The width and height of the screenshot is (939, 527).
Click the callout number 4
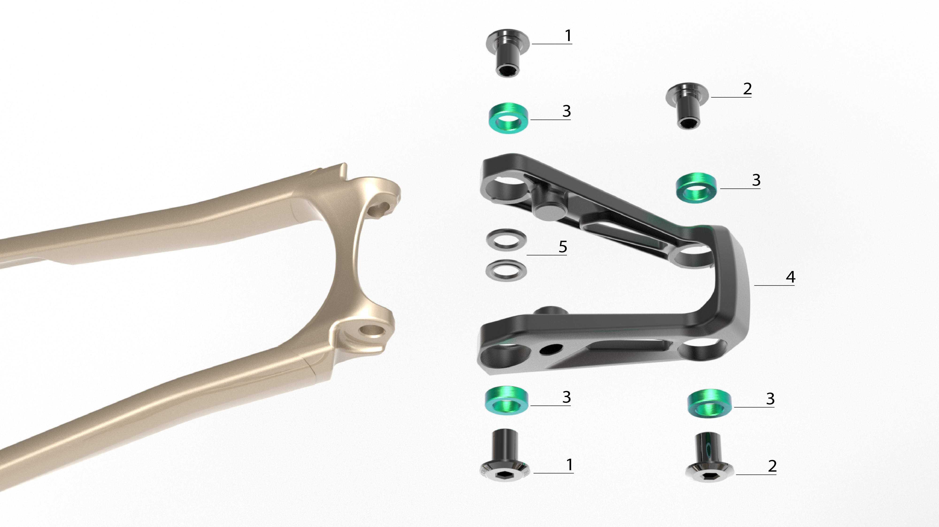[790, 277]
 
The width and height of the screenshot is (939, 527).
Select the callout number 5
[563, 247]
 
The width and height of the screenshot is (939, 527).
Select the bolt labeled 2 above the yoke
[688, 106]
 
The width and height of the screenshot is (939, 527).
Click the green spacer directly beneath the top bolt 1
[508, 119]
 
